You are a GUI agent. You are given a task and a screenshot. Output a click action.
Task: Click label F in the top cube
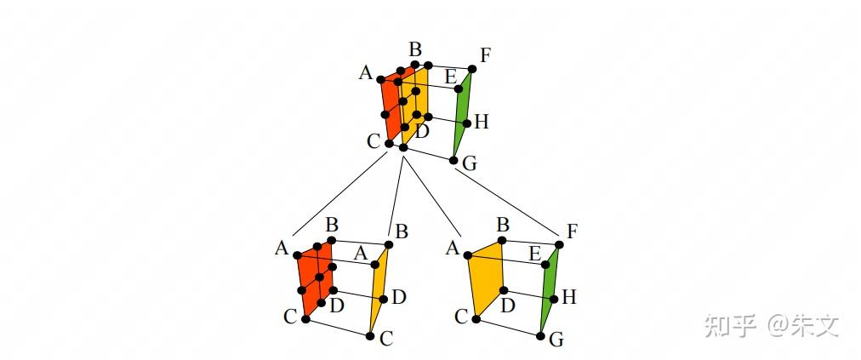point(485,55)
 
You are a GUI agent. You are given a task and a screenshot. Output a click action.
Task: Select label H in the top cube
point(481,122)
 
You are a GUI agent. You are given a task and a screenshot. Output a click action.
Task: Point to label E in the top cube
point(450,76)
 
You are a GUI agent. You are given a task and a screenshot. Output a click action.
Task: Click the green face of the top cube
point(461,115)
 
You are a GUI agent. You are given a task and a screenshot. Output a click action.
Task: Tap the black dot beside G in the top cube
point(453,159)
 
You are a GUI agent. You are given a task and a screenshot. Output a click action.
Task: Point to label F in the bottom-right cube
point(572,231)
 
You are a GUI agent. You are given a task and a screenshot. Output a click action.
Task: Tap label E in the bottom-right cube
point(534,253)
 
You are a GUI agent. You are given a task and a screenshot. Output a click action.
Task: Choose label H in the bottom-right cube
point(569,297)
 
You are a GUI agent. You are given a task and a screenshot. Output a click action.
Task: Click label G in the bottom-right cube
point(556,340)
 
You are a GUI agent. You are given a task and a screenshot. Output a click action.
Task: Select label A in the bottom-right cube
point(452,248)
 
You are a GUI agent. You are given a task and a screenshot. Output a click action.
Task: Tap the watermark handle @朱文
point(803,324)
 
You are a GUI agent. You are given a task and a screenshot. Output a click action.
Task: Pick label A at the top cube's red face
point(366,72)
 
